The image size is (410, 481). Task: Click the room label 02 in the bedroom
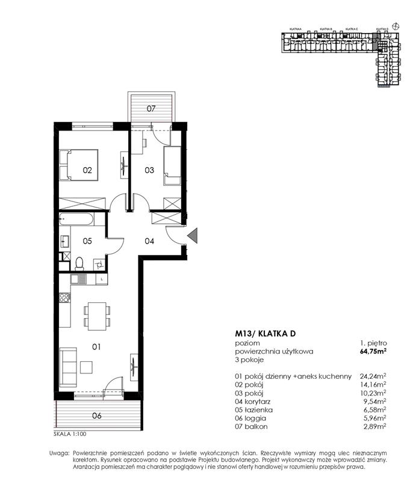click(87, 170)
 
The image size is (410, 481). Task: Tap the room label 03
click(150, 170)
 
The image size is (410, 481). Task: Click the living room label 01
click(96, 346)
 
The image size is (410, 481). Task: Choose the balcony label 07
click(152, 109)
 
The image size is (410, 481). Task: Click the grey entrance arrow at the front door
click(193, 236)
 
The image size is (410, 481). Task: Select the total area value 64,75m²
click(373, 351)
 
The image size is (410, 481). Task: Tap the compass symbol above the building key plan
click(395, 25)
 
